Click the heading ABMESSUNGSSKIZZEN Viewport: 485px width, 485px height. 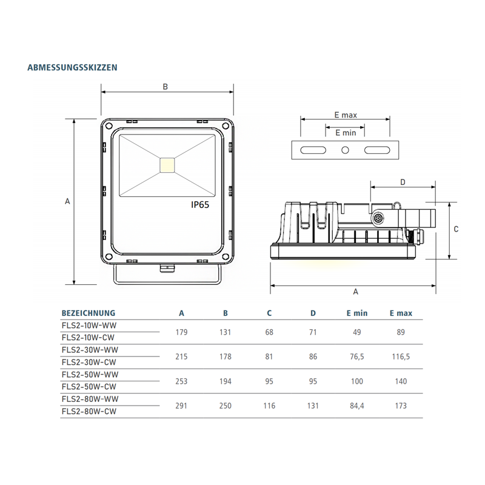point(72,67)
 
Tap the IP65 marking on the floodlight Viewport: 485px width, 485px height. point(200,205)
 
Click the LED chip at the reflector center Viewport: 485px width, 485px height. point(167,164)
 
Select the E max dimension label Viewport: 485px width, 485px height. point(345,115)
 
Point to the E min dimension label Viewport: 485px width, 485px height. point(345,132)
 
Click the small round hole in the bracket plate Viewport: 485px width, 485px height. point(346,150)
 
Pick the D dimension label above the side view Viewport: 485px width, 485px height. point(403,182)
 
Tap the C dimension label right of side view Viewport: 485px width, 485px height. point(456,229)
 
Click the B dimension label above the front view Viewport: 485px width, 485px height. point(165,87)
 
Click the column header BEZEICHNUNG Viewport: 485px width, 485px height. point(89,313)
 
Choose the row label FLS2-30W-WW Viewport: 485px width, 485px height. point(90,350)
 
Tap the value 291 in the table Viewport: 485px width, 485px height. point(181,406)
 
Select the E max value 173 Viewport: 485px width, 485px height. point(400,406)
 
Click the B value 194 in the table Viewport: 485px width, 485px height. point(225,381)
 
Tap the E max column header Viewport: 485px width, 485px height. point(400,313)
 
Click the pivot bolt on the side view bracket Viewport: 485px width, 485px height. point(378,216)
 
